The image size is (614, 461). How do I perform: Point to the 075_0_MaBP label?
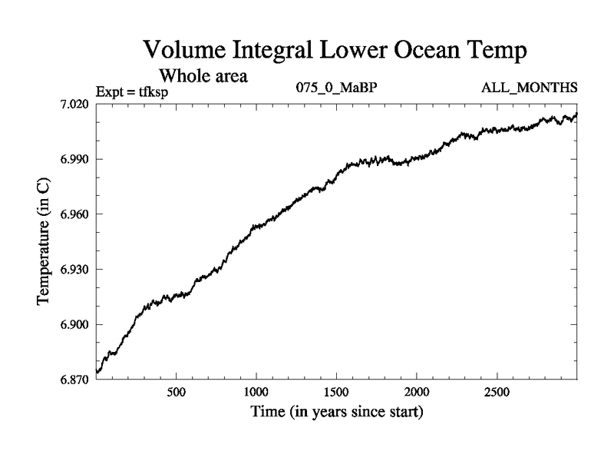[x=337, y=88]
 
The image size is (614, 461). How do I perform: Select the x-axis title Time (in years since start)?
[x=337, y=413]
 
